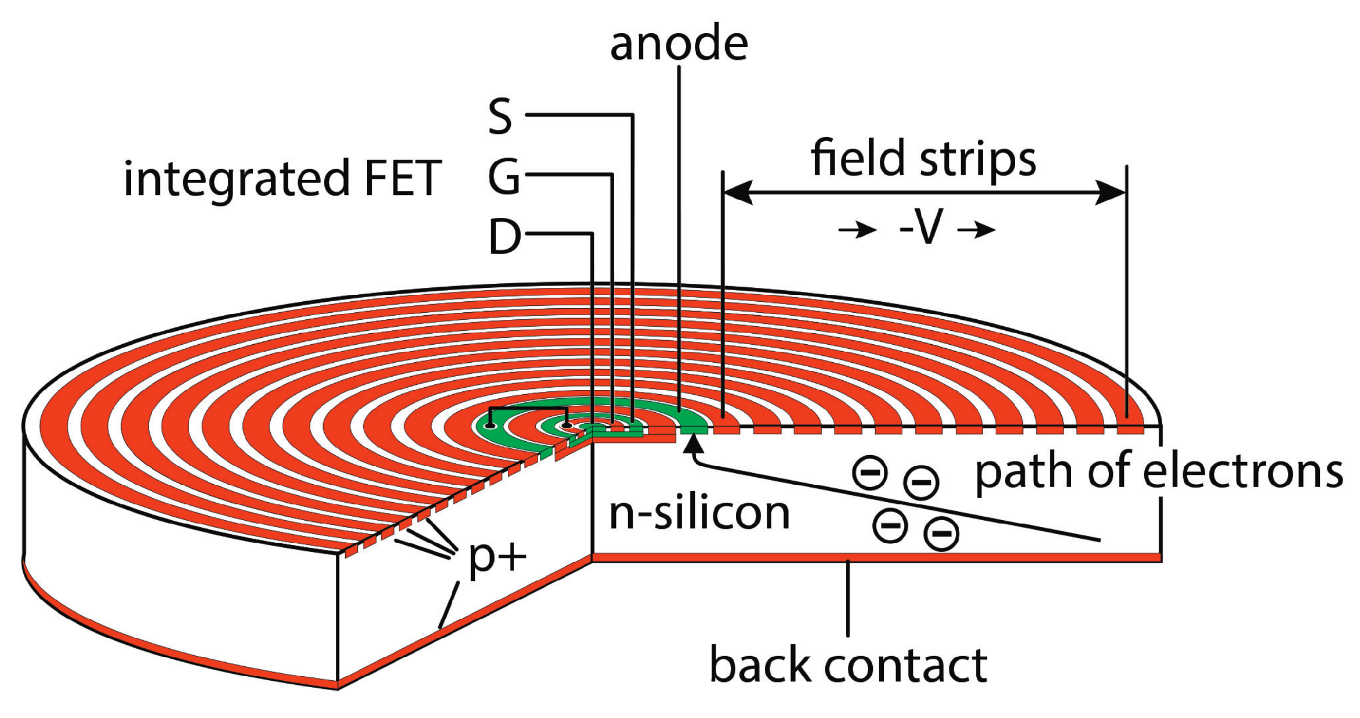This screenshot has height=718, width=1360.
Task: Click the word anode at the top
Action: coord(679,44)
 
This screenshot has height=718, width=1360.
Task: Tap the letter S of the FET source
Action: coord(500,117)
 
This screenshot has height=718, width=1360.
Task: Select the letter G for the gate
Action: coord(503,177)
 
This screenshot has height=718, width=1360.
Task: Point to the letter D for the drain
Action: coord(505,237)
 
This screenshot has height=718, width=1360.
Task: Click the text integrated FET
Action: coord(282,179)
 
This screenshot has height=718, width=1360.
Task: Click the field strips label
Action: coord(923,158)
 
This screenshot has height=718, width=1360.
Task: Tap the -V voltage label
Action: coord(922,228)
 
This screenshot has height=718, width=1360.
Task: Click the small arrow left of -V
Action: coord(858,230)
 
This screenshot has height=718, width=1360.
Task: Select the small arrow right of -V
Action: coord(977,230)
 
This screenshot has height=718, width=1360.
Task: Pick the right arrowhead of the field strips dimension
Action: coord(1111,192)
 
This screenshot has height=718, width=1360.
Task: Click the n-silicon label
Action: coord(699,514)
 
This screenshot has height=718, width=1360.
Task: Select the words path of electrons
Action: coord(1159,471)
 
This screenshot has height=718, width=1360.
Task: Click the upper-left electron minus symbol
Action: coord(870,472)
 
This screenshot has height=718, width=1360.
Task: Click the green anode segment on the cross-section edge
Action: coord(694,430)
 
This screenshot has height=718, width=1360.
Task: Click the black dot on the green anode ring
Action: coord(491,426)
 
